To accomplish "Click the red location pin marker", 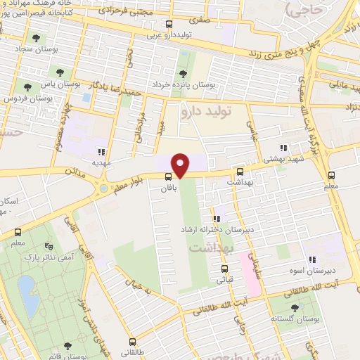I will pyautogui.click(x=181, y=165).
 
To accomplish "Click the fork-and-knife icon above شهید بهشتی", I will pyautogui.click(x=283, y=148).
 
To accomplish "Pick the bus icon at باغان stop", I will pyautogui.click(x=169, y=176).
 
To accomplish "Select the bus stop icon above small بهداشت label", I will pyautogui.click(x=240, y=172).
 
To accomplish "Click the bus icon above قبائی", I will pyautogui.click(x=225, y=269).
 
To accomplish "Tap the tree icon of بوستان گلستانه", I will pyautogui.click(x=295, y=308).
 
